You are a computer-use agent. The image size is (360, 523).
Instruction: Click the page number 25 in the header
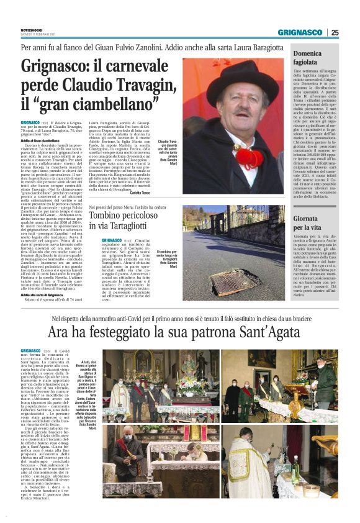pos(334,32)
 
